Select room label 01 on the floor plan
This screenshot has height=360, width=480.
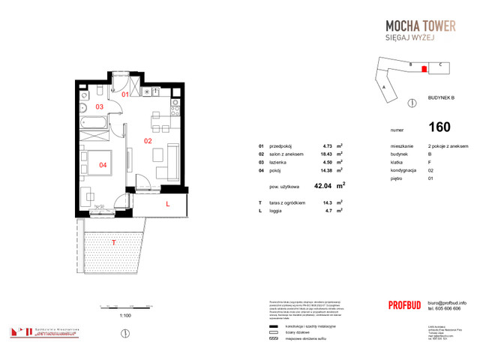(x=126, y=94)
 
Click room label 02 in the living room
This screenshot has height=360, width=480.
(x=148, y=140)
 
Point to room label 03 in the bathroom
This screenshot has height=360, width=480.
(x=99, y=107)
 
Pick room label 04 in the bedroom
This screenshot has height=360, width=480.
(x=103, y=164)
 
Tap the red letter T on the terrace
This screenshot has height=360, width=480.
(x=113, y=242)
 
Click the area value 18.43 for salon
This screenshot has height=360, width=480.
(x=326, y=154)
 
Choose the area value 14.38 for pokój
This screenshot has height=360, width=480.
(x=326, y=168)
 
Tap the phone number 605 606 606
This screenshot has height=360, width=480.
(x=446, y=308)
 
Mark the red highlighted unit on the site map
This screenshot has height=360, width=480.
(x=424, y=69)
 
